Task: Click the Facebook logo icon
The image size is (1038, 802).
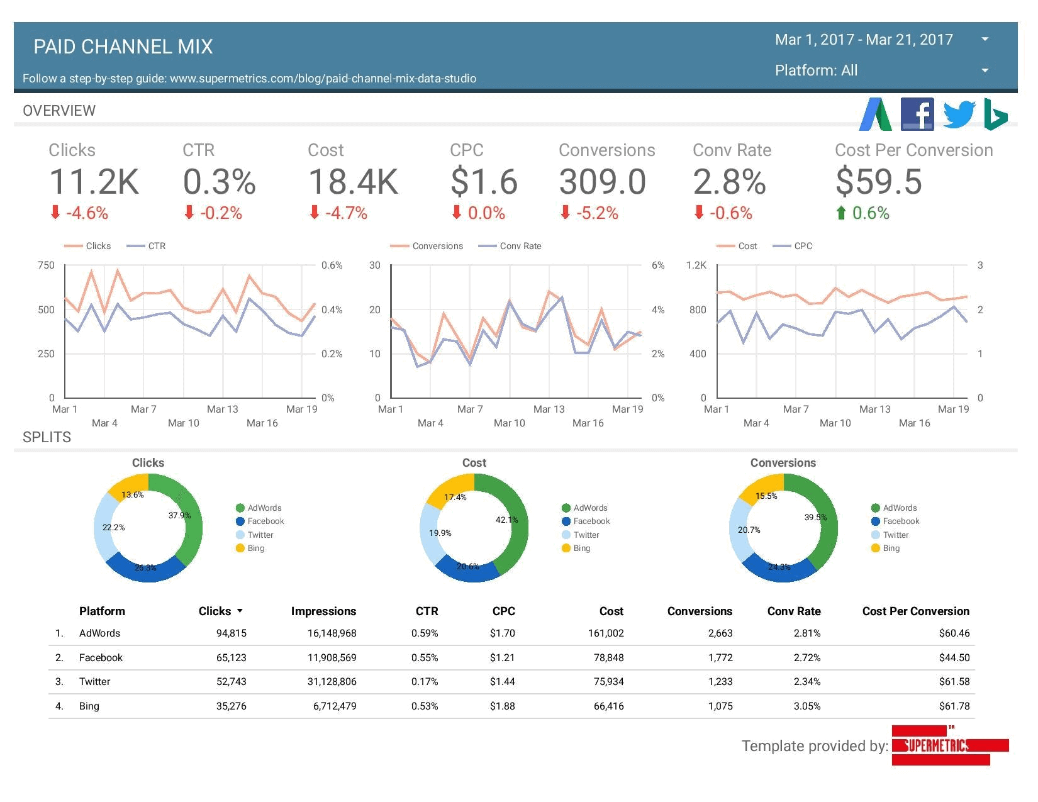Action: click(917, 114)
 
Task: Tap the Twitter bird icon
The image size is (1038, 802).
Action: click(959, 114)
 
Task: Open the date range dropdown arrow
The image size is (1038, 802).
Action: click(985, 39)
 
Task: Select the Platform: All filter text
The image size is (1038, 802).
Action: click(816, 70)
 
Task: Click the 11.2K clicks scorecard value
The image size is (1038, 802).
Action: click(94, 182)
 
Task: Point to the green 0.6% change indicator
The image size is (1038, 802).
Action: click(862, 213)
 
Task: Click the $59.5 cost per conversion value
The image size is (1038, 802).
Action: click(878, 182)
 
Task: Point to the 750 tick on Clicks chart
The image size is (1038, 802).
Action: click(46, 265)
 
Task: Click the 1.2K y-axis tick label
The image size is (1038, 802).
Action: click(696, 265)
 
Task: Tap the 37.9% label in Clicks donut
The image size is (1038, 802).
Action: click(179, 515)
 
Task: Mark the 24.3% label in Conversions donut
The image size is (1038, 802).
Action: click(779, 567)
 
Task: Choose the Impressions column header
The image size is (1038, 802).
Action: click(323, 611)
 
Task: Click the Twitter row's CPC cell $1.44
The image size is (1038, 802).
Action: click(502, 682)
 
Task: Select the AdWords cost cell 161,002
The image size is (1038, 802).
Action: click(605, 633)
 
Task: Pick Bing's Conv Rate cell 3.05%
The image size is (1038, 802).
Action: click(806, 706)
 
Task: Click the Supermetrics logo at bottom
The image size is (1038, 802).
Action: click(949, 745)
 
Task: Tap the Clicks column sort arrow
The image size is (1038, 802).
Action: click(240, 611)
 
